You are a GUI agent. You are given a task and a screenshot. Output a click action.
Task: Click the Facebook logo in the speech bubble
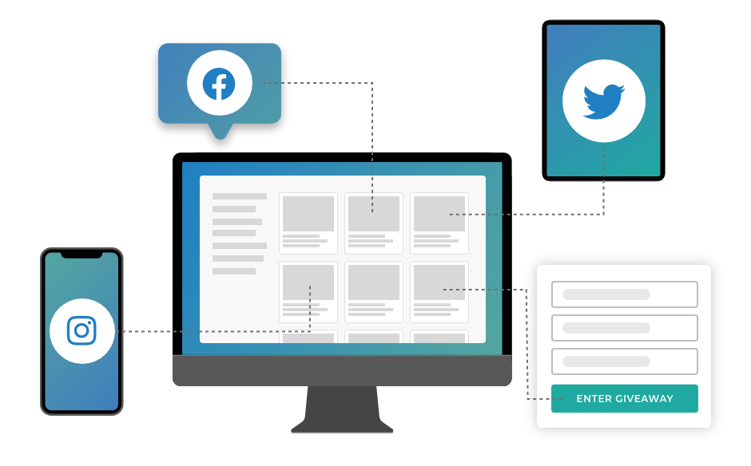coord(219,84)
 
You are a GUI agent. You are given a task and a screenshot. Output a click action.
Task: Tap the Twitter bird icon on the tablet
coord(603,101)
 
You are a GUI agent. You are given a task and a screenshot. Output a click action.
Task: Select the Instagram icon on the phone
coord(81,330)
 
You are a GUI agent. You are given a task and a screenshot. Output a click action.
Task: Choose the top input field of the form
coord(624,294)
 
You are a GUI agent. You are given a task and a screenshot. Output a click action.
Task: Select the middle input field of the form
coord(624,328)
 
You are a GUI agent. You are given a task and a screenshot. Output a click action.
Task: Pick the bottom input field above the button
coord(624,361)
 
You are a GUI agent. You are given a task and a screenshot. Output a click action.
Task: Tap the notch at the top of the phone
coord(81,255)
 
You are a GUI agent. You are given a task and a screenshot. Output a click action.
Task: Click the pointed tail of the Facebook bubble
coord(220,132)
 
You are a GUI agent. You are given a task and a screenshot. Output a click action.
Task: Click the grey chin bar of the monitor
coord(342,370)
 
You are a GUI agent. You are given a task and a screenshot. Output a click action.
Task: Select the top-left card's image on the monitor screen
coord(308,214)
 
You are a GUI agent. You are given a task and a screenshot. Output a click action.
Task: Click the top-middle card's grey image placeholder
coord(374,214)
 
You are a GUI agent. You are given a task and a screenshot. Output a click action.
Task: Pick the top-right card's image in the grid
coord(439,214)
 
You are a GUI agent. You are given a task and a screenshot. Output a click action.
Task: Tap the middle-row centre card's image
coord(374,282)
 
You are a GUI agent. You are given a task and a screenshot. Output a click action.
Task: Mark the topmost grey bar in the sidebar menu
coord(240,196)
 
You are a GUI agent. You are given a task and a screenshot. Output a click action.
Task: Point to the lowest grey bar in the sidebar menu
coord(234,271)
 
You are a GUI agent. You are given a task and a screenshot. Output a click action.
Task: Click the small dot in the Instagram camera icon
coord(89,322)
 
